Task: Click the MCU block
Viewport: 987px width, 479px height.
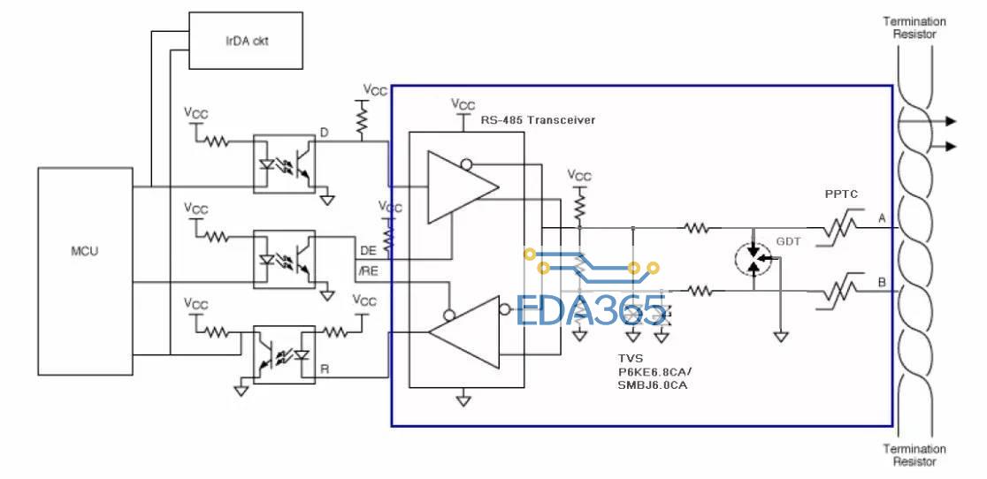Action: (x=85, y=271)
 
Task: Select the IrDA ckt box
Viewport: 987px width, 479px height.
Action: (x=246, y=41)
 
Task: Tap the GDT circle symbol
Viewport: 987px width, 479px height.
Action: (x=754, y=259)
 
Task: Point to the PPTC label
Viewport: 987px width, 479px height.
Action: (x=841, y=194)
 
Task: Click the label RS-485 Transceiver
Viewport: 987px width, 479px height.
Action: (x=538, y=119)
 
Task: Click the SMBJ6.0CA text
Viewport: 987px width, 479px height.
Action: (x=652, y=384)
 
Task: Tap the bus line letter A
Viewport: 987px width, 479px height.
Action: (x=882, y=218)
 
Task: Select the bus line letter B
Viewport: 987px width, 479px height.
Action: (x=882, y=282)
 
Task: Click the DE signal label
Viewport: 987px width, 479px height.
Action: (x=368, y=251)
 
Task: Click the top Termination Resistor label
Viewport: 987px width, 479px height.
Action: (x=914, y=27)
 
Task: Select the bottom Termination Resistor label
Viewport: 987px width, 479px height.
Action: (x=914, y=455)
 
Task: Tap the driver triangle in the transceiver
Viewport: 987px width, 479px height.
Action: (x=463, y=186)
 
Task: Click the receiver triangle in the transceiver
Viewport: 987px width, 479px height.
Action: (x=464, y=332)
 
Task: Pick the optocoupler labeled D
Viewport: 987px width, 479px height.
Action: (x=284, y=163)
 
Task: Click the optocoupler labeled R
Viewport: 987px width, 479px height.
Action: (x=284, y=354)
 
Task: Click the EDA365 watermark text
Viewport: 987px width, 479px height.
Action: (x=591, y=310)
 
